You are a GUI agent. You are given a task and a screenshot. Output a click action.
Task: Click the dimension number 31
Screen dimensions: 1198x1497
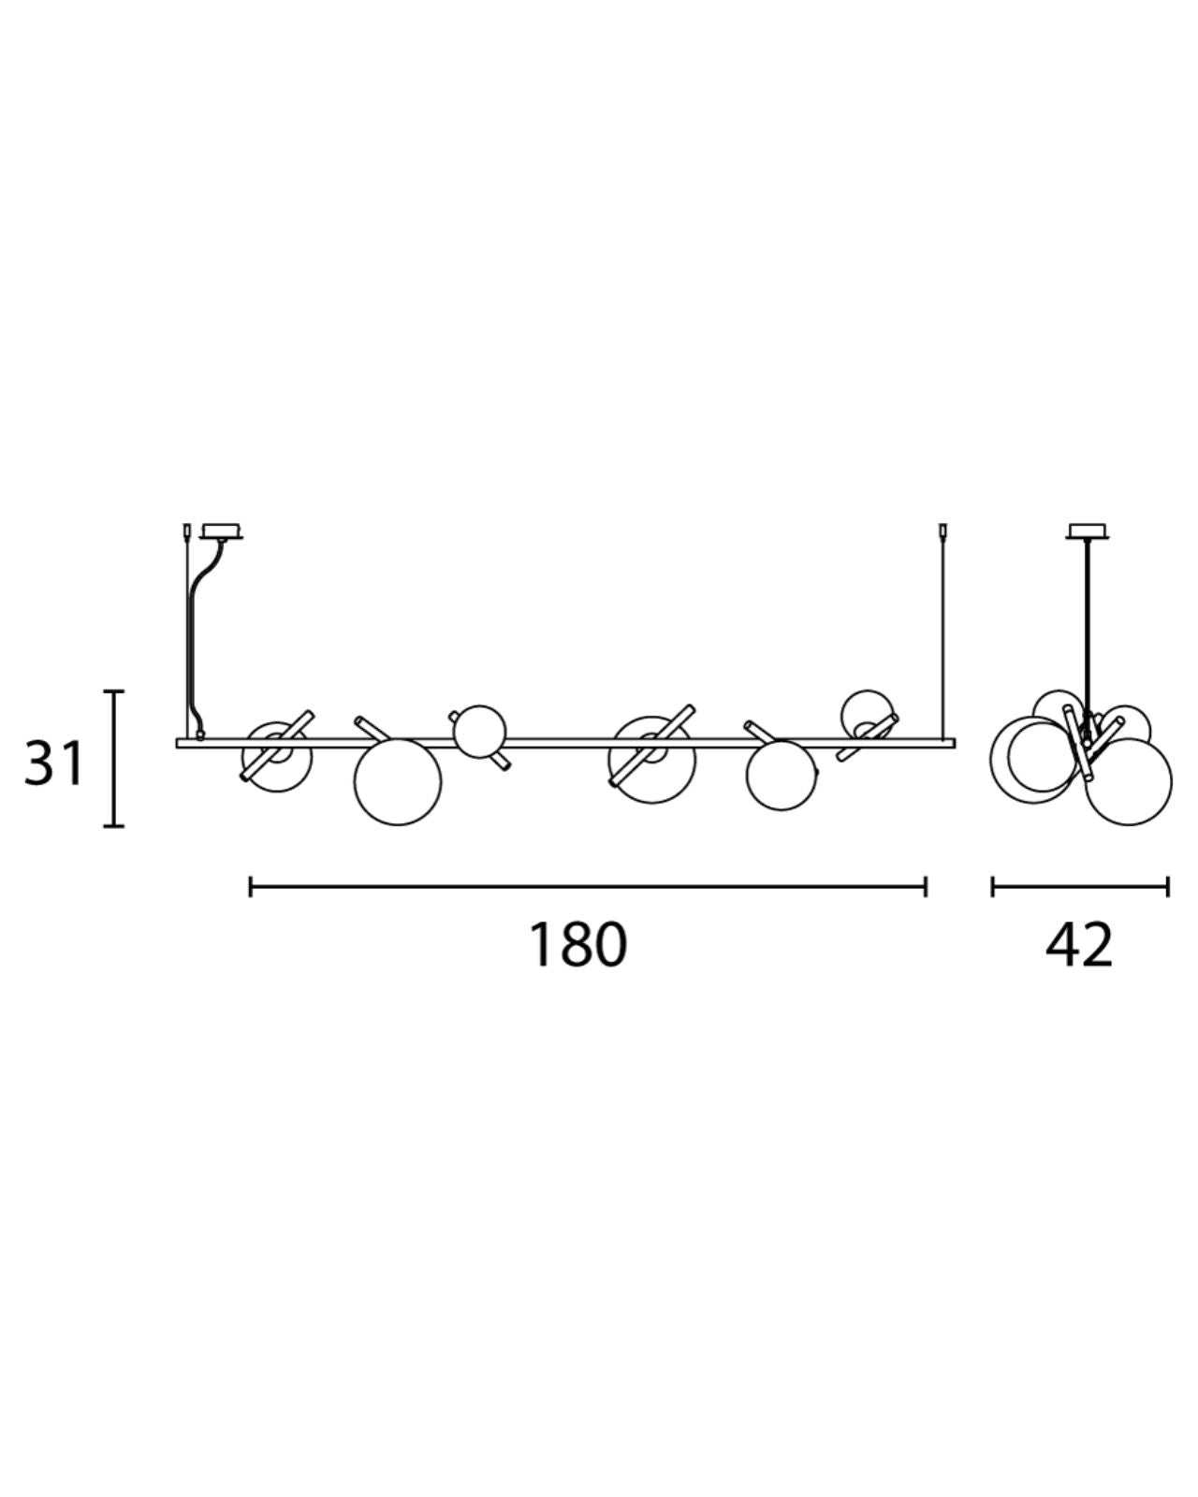53,763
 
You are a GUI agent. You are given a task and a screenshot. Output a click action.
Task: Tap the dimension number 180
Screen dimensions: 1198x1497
577,944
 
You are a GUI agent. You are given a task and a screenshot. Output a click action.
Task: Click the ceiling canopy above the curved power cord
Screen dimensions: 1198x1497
222,531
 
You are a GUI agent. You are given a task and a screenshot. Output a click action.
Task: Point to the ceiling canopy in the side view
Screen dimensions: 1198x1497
1087,530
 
